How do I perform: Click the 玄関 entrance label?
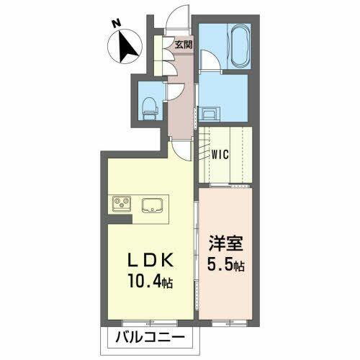coord(182,45)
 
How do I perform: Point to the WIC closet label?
coord(221,153)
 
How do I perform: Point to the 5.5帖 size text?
coord(227,266)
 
